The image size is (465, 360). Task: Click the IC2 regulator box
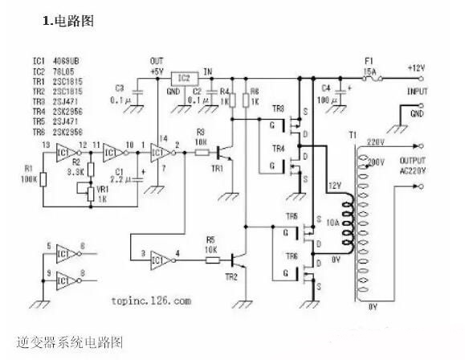(184, 78)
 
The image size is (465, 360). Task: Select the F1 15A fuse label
(370, 63)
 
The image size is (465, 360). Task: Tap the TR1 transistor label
(217, 169)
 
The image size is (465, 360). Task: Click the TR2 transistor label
(231, 276)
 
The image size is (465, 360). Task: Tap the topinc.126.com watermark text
(148, 301)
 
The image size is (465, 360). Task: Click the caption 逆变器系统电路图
(70, 342)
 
